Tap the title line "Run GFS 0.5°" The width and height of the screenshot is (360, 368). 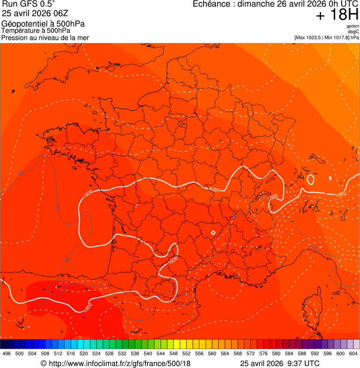[x=28, y=5]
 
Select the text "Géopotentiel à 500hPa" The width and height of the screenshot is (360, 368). [x=43, y=24]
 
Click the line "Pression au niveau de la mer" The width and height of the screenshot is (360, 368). [x=45, y=37]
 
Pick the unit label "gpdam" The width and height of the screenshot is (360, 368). [x=353, y=26]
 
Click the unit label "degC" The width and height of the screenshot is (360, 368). [x=354, y=31]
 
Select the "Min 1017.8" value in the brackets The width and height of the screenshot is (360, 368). [x=336, y=37]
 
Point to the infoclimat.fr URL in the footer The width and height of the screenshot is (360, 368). [x=120, y=363]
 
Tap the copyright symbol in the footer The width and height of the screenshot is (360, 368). [x=44, y=363]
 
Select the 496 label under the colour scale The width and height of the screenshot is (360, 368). [x=7, y=353]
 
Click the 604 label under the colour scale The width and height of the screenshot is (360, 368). [x=353, y=353]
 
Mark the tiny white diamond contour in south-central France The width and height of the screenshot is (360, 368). [x=213, y=232]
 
